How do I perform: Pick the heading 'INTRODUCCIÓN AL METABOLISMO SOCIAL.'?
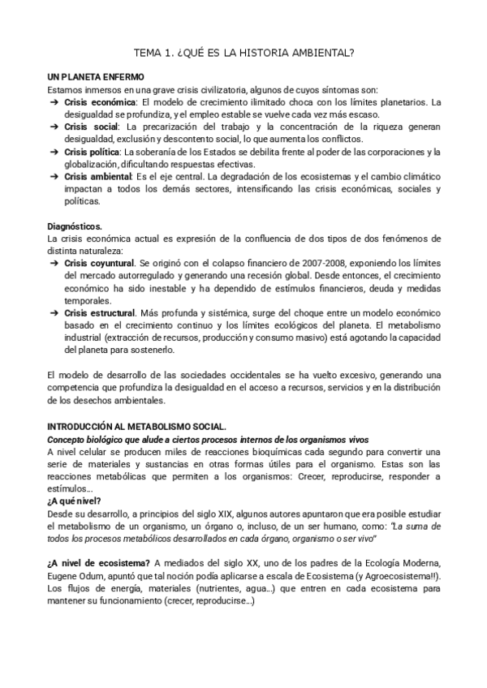click(137, 426)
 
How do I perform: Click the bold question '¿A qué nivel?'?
click(75, 501)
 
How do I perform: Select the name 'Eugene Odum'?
click(77, 574)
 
